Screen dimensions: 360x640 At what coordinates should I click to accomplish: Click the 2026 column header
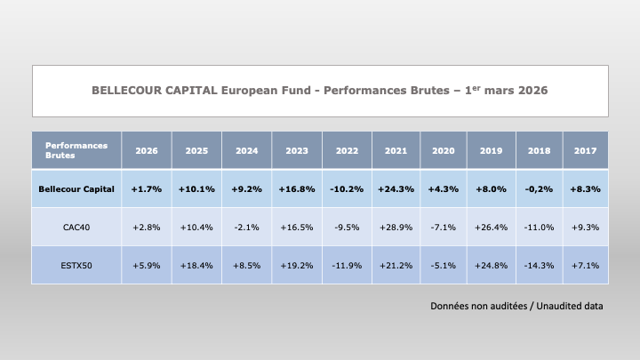click(147, 151)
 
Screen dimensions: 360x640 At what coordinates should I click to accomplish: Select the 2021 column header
click(396, 151)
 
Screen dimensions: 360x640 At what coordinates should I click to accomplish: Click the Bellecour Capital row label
click(76, 189)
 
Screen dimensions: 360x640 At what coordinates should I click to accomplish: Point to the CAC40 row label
click(76, 228)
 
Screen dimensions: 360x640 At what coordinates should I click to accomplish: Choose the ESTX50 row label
click(76, 265)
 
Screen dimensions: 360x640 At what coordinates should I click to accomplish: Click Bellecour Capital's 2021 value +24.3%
click(396, 189)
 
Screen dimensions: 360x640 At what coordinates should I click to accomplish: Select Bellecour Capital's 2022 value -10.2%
click(347, 189)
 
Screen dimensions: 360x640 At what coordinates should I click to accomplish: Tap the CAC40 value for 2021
click(396, 228)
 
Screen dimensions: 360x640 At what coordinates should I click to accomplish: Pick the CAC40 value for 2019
click(493, 228)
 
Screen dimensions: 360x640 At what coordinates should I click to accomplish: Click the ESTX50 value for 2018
click(540, 265)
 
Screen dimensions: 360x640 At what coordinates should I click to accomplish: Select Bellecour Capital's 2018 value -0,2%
click(540, 189)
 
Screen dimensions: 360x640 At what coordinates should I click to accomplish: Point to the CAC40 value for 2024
click(246, 228)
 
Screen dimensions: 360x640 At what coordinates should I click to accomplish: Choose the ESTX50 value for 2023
click(296, 265)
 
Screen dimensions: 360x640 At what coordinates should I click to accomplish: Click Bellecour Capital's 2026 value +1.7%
click(147, 189)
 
